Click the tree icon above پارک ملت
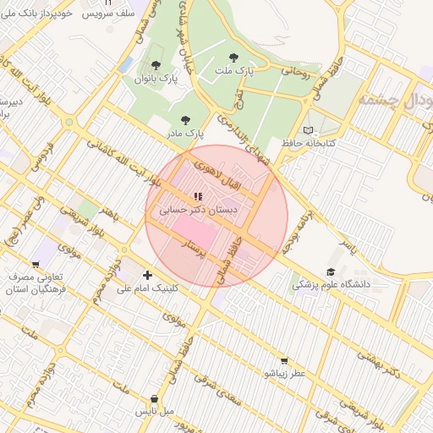tap(233, 58)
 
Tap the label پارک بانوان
tap(156, 79)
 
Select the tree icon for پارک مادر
tap(186, 120)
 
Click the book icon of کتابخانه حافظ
tap(308, 130)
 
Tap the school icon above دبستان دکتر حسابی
tap(198, 196)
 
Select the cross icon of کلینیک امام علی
tap(148, 275)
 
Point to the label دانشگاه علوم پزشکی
tap(332, 285)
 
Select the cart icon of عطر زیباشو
tap(283, 360)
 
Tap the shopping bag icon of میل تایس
tap(153, 398)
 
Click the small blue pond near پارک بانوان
tap(126, 64)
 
